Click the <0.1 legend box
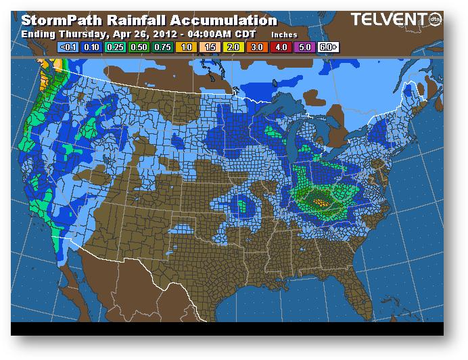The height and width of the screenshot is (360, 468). click(x=68, y=47)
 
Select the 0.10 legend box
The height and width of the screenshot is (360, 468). click(x=91, y=47)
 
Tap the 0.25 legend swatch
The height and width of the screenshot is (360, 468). click(x=114, y=47)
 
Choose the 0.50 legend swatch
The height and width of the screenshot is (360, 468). click(x=137, y=47)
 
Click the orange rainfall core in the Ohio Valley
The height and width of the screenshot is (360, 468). click(x=320, y=200)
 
